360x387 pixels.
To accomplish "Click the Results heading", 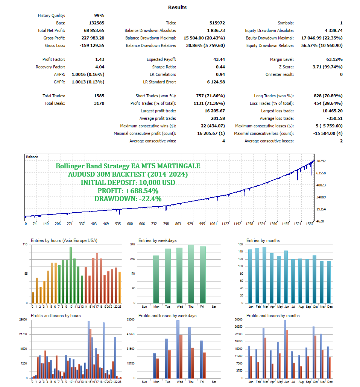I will [x=177, y=7].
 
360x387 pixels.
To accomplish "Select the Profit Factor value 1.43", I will [x=100, y=59].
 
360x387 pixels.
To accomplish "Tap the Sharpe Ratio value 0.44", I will [x=220, y=67].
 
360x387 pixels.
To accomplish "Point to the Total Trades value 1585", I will [x=99, y=96].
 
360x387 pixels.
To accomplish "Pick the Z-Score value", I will [x=327, y=67].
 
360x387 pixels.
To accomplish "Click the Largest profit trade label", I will [x=158, y=111].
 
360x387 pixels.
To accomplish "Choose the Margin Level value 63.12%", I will [x=334, y=59].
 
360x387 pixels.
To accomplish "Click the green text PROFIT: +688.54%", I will [x=128, y=190].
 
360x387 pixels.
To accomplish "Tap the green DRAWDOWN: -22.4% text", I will [x=128, y=199].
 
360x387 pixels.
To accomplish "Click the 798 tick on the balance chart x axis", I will [x=166, y=224].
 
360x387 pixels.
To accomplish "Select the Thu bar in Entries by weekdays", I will [x=191, y=274].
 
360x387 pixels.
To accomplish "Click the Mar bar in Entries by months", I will [x=264, y=275].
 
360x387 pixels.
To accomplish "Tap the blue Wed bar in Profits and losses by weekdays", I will [x=178, y=349].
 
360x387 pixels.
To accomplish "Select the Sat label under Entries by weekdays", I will [x=214, y=307].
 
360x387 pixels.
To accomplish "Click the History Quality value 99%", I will [x=99, y=15].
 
